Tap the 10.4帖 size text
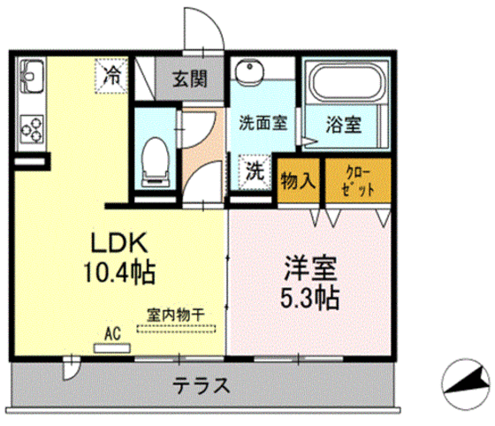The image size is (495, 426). (122, 271)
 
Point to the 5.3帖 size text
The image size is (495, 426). (308, 297)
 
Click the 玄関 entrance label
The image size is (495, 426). (189, 79)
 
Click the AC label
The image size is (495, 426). (112, 333)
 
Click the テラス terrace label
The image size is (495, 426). (202, 385)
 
